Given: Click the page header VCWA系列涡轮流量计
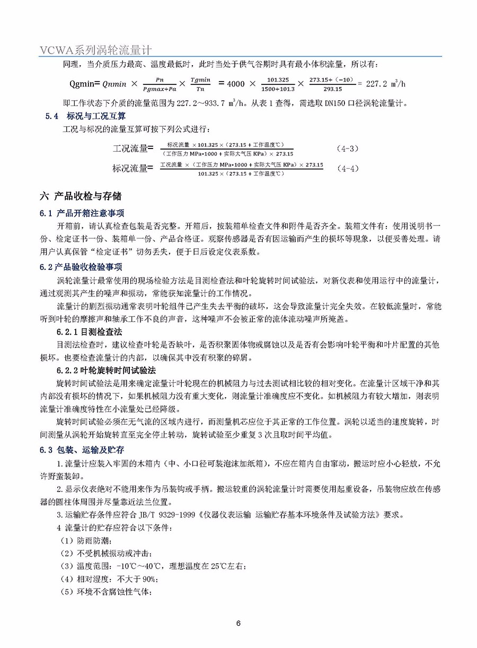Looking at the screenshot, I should click(x=96, y=49).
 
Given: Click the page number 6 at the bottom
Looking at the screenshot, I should click(x=238, y=623).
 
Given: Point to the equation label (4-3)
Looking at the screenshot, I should click(x=348, y=148).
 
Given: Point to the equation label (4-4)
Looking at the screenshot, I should click(x=348, y=169).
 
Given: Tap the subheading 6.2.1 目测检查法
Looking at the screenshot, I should click(x=90, y=332).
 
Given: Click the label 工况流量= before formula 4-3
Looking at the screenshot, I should click(x=132, y=148).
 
